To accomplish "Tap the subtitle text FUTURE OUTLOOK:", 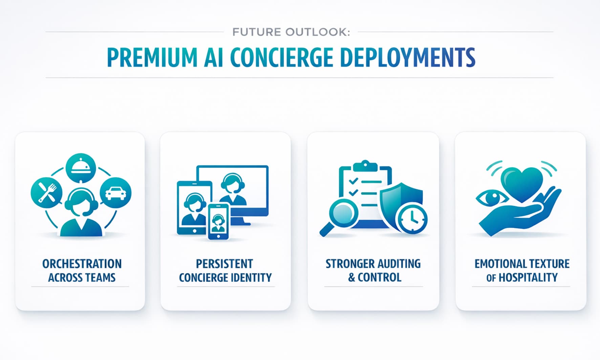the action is click(x=291, y=32).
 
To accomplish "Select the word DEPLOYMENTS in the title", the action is click(x=408, y=57).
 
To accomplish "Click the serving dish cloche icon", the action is click(x=81, y=168).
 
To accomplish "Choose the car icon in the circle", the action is click(x=116, y=193).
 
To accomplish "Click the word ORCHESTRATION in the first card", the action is click(x=82, y=264).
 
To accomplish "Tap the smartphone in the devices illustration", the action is click(x=218, y=221).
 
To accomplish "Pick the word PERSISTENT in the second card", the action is click(x=224, y=264).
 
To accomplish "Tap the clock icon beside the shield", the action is click(x=412, y=218).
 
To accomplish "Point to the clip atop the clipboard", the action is click(x=365, y=166).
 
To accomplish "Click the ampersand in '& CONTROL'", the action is click(x=352, y=278).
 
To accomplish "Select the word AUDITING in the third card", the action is click(x=394, y=264).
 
